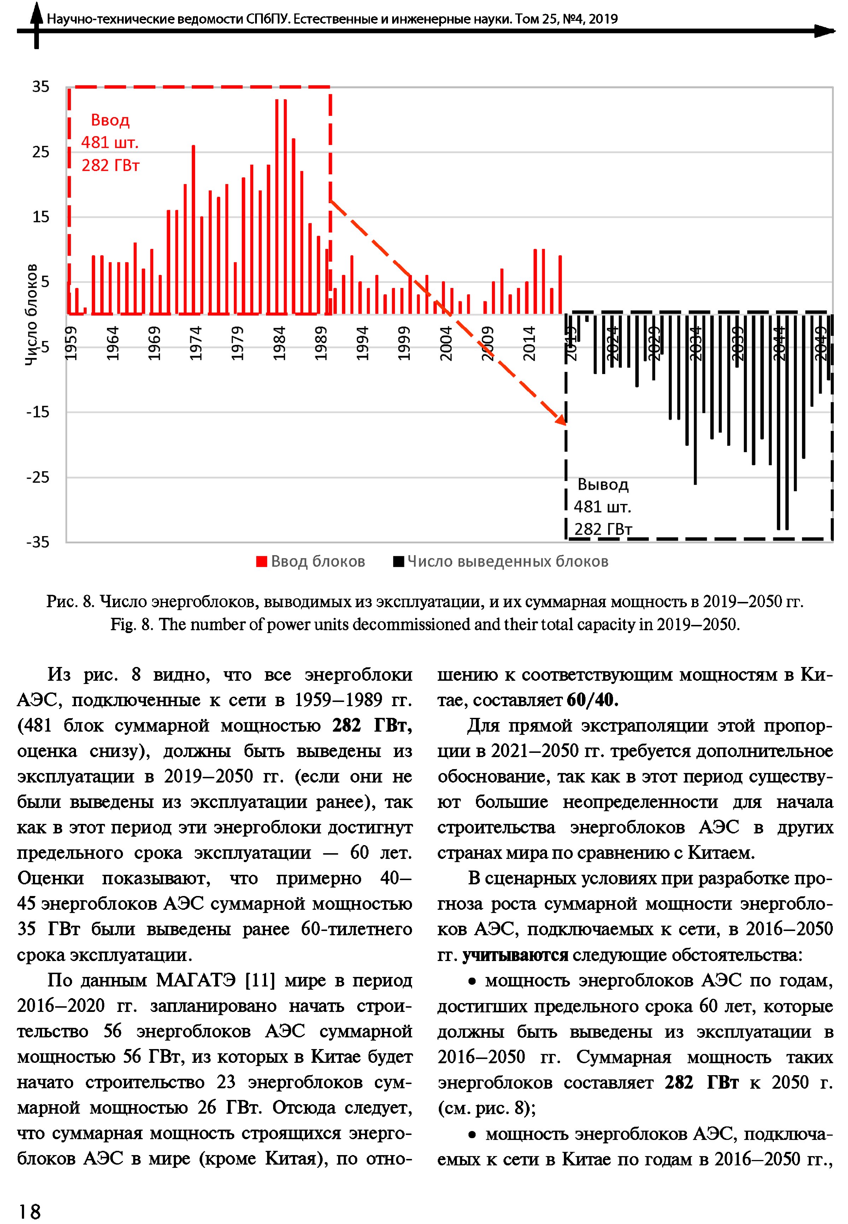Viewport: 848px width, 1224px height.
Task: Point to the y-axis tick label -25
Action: coord(38,477)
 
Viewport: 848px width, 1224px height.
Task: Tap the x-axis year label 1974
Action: coord(196,343)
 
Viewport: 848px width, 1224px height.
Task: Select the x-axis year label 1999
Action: coord(404,343)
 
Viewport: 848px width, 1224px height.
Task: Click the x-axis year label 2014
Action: coord(529,343)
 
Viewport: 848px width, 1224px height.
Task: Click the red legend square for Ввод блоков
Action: coord(261,562)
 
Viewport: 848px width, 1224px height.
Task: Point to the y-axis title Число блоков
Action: coord(32,315)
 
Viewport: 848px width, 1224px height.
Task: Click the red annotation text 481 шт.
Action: coord(110,142)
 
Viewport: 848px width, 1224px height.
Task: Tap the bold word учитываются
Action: coord(515,955)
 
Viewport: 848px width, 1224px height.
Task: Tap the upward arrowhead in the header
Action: coord(36,11)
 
